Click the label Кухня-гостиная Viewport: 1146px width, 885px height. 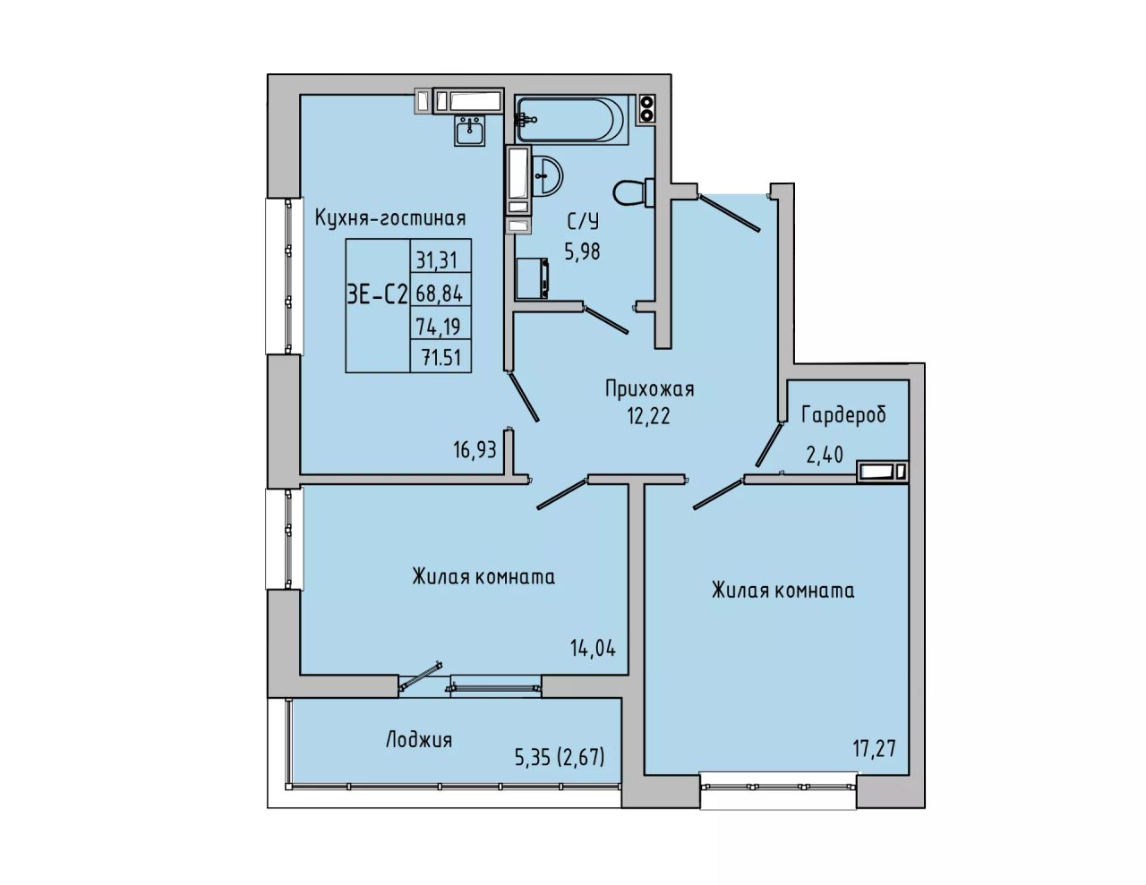pyautogui.click(x=390, y=217)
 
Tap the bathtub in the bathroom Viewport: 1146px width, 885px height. pyautogui.click(x=572, y=119)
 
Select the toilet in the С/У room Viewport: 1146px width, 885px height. pyautogui.click(x=634, y=191)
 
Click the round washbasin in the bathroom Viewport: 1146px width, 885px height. pyautogui.click(x=546, y=176)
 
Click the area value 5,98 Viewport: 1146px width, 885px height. pyautogui.click(x=582, y=252)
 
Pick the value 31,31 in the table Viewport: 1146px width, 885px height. pyautogui.click(x=437, y=260)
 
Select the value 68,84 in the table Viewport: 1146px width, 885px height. pyautogui.click(x=440, y=294)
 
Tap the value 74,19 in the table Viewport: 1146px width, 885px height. pyautogui.click(x=438, y=327)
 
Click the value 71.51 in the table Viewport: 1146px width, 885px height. pyautogui.click(x=441, y=358)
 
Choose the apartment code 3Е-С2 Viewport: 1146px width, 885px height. pyautogui.click(x=378, y=294)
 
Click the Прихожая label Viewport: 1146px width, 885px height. pyautogui.click(x=650, y=389)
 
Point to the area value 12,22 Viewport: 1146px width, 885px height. pyautogui.click(x=648, y=416)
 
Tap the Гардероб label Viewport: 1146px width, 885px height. pyautogui.click(x=843, y=415)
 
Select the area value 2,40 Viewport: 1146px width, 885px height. pyautogui.click(x=825, y=454)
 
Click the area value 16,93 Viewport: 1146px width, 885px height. pyautogui.click(x=475, y=449)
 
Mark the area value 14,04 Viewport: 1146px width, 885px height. pyautogui.click(x=593, y=647)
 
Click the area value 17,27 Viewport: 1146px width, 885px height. pyautogui.click(x=875, y=748)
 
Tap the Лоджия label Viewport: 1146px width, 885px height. pyautogui.click(x=419, y=740)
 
